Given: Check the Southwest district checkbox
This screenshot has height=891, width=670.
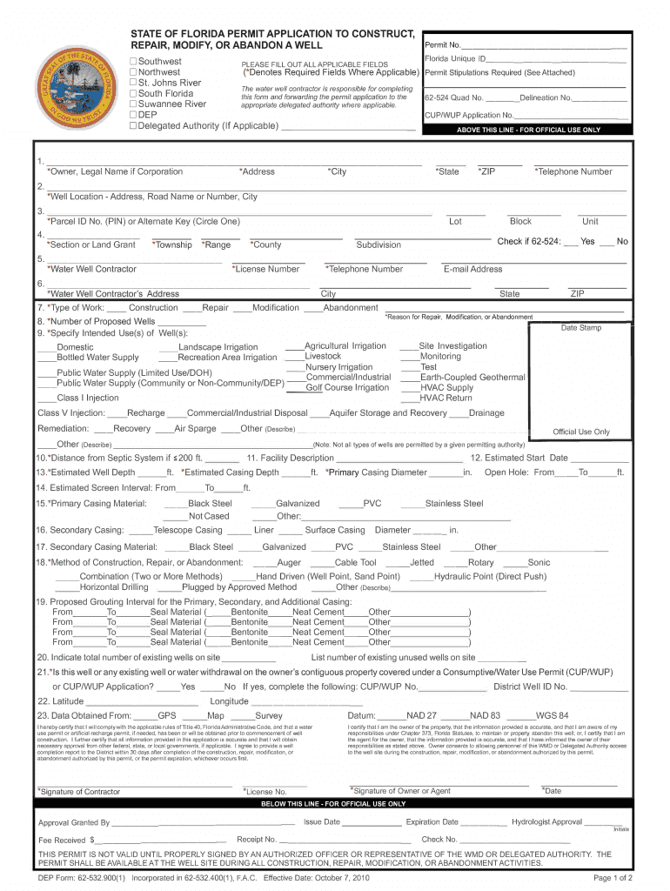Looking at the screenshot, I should pos(133,61).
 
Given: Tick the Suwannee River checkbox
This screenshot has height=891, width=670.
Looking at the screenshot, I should pos(133,104).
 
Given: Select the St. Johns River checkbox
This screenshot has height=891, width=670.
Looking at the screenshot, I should pos(133,83).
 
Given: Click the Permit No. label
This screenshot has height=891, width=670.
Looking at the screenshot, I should pos(442,44).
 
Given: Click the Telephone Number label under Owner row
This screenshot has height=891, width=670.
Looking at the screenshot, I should pos(573,172).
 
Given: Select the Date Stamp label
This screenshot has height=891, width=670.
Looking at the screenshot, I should pos(580,328).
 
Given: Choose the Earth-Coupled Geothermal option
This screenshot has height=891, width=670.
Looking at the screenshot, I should pos(472,378).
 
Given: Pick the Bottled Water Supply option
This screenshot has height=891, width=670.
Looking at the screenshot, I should pos(97,358).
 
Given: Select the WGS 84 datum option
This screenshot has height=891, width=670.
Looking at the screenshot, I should pos(552,715).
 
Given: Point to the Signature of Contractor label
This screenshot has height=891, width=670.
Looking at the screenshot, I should pos(79,792).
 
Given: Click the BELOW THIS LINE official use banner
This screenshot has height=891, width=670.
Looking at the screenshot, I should pos(333,804).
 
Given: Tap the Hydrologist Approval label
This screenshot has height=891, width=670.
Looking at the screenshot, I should pos(546,822).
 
